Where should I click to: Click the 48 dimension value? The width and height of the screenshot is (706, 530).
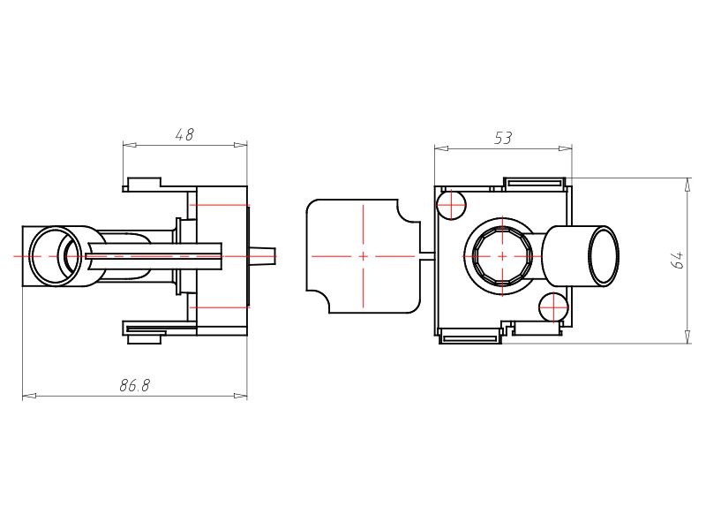(x=184, y=134)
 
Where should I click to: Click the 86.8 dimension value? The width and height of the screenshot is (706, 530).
(x=134, y=385)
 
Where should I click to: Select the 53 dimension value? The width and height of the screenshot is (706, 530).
(x=503, y=138)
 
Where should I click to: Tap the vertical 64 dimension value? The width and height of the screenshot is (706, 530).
(x=677, y=260)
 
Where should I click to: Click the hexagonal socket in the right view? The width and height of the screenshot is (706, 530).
(x=502, y=256)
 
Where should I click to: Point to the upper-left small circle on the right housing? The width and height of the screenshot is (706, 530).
(x=452, y=205)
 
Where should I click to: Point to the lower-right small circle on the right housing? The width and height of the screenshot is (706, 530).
(x=553, y=307)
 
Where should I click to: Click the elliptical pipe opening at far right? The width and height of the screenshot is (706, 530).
(x=604, y=255)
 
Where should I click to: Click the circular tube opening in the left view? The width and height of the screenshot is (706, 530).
(x=56, y=256)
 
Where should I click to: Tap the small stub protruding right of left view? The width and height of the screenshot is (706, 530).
(x=262, y=255)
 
